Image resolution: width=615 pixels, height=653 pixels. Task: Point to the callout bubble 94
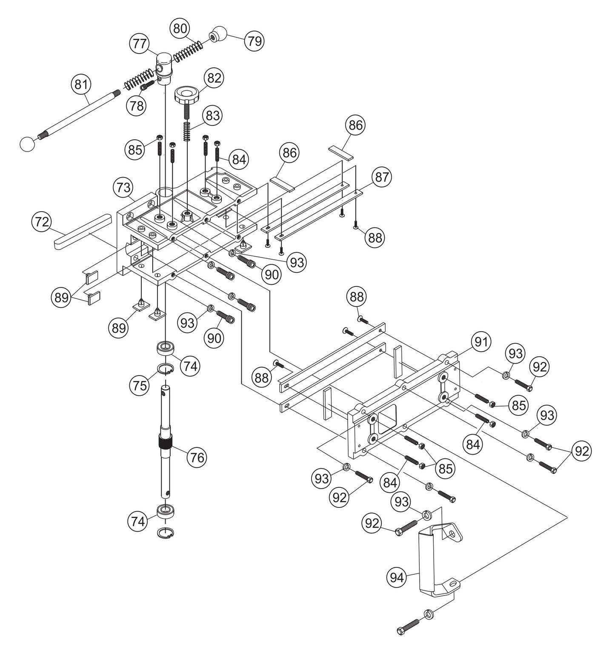pos(396,577)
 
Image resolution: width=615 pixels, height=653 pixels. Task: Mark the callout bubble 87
pos(382,177)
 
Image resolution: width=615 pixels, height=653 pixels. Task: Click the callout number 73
pos(123,188)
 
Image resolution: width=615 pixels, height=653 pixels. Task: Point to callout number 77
pos(140,44)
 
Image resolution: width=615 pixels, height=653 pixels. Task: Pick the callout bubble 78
pos(137,106)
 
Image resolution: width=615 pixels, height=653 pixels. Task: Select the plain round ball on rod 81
pos(27,144)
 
